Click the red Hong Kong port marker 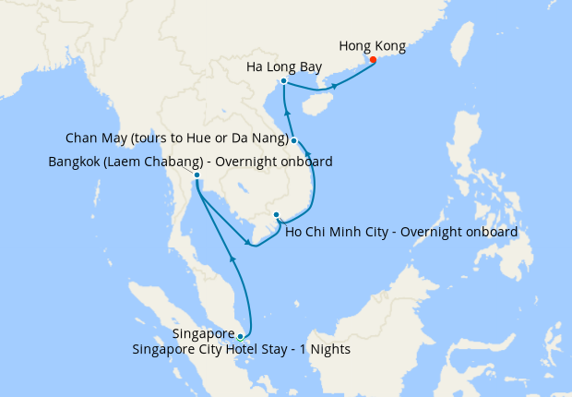[x=373, y=61]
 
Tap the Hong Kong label [x=372, y=44]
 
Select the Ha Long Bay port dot [x=283, y=81]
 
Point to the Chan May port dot [x=293, y=140]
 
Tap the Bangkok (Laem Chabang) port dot [x=197, y=174]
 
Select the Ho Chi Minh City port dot [x=276, y=215]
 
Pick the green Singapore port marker [x=240, y=336]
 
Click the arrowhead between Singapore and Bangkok [x=233, y=262]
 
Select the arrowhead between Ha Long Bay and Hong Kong [x=335, y=87]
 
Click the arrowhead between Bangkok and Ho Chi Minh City [x=246, y=244]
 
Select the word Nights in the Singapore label [x=329, y=350]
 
